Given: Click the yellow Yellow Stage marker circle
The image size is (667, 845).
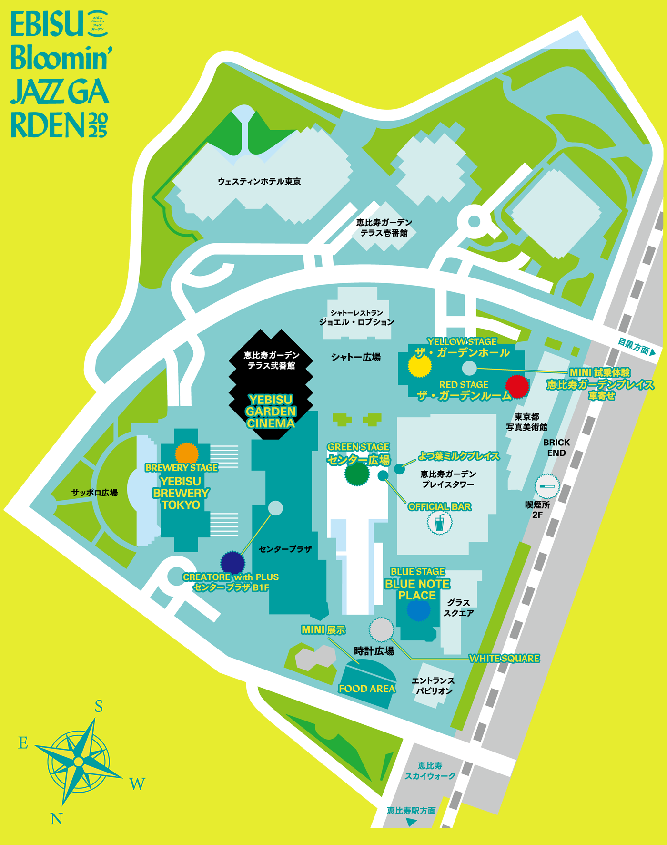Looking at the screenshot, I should (x=420, y=366).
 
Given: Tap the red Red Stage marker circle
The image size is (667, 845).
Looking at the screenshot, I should (x=517, y=386).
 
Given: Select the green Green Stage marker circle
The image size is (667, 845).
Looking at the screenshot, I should (x=357, y=474).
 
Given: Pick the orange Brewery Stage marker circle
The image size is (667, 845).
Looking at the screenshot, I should (x=187, y=453).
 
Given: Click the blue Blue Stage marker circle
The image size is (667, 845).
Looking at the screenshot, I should (x=418, y=610).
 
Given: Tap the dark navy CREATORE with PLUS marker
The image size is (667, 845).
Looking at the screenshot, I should (x=232, y=563).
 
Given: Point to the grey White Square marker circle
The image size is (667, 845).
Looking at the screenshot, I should (x=382, y=629).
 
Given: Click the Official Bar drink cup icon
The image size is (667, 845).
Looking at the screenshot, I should (x=439, y=523).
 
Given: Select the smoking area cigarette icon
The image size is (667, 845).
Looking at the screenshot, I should (x=547, y=486).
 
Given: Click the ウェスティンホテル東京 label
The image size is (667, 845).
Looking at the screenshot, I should (x=259, y=182).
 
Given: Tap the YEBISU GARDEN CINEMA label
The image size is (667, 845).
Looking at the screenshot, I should (x=271, y=411).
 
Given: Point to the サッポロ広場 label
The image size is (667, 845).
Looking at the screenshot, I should (x=94, y=493).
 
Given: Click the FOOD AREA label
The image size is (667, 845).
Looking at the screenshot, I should (x=367, y=688).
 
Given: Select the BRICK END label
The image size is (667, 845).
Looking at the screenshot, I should (x=556, y=447).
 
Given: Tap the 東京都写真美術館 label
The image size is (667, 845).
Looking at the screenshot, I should (x=526, y=422).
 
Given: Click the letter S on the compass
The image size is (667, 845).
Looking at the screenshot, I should (x=99, y=706).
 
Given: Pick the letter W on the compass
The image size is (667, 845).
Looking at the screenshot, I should (x=137, y=784).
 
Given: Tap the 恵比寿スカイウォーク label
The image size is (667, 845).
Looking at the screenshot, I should (x=430, y=771).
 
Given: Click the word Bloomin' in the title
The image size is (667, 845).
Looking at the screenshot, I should (x=61, y=58).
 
